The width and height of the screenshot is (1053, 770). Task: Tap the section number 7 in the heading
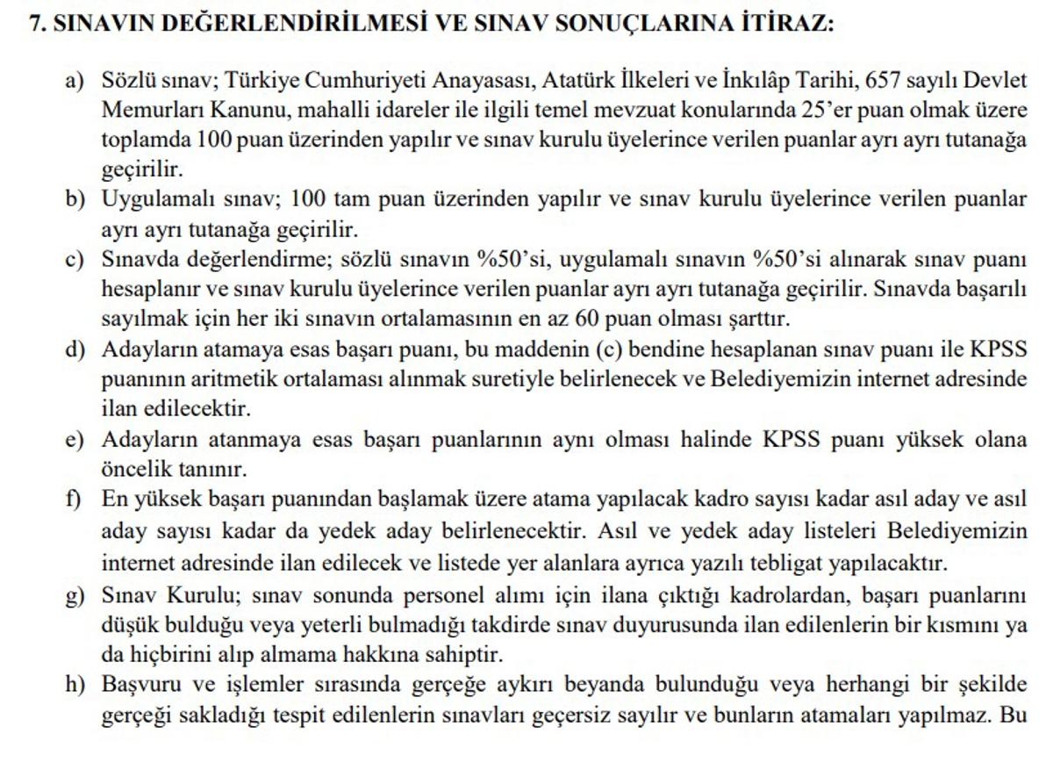34,24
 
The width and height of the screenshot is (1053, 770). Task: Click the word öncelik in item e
132,468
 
